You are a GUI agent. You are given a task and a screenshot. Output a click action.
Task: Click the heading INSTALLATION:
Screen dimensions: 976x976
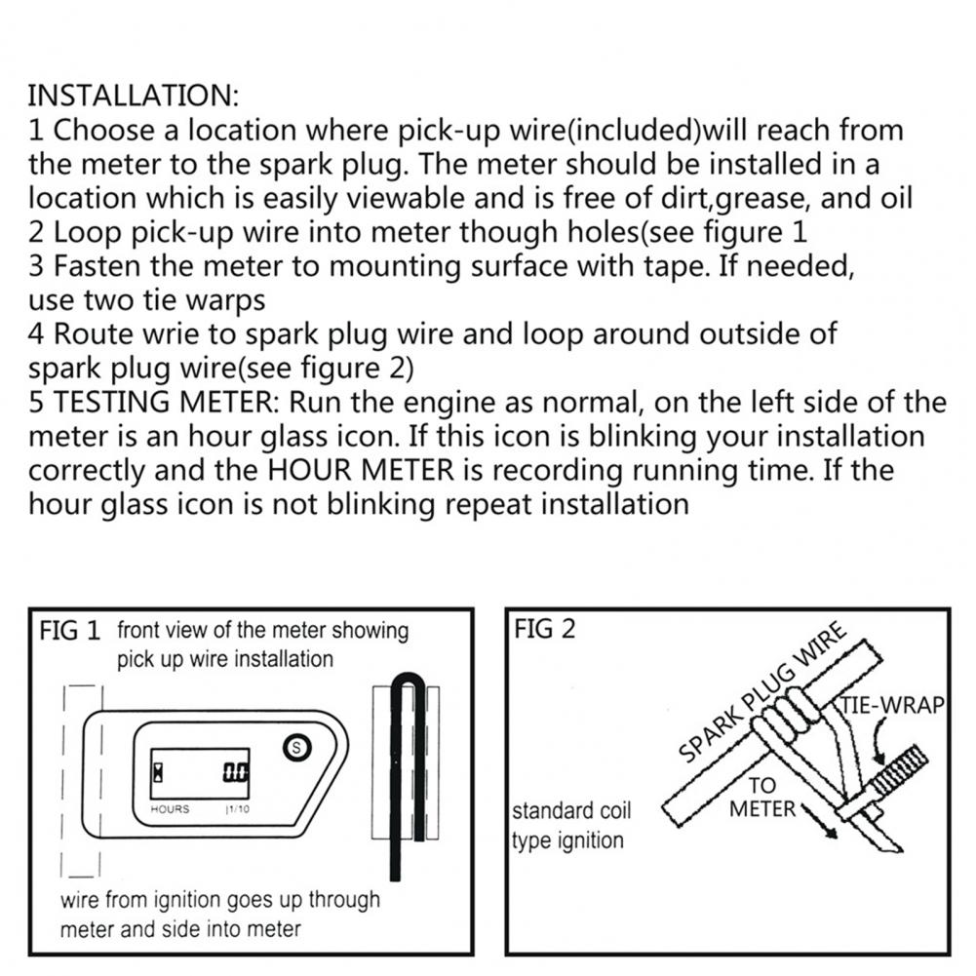(x=133, y=96)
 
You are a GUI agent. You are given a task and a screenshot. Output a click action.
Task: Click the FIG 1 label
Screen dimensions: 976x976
(x=70, y=631)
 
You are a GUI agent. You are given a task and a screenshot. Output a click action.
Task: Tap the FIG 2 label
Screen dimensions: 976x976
(x=545, y=629)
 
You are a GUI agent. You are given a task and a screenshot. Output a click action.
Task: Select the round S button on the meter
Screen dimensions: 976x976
(x=297, y=747)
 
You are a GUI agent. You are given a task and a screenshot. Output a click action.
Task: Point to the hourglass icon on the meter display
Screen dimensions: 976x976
(x=159, y=772)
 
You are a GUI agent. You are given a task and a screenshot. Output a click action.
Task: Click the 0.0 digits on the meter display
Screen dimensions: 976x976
(x=236, y=772)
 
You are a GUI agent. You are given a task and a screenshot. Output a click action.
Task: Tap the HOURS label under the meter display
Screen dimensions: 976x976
(x=170, y=809)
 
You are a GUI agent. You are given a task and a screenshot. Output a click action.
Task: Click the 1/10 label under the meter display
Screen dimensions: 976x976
(x=237, y=809)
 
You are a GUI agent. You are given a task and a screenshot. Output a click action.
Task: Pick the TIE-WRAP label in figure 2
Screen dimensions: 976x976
(x=892, y=706)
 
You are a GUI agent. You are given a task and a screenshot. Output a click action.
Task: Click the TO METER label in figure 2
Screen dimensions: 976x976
(x=762, y=798)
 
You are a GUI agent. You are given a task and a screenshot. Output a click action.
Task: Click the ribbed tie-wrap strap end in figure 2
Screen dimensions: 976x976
(x=899, y=773)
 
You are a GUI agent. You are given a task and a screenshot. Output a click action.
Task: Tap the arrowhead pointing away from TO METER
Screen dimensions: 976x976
(x=829, y=831)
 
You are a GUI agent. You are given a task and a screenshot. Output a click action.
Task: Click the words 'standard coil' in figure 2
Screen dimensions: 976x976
(x=571, y=811)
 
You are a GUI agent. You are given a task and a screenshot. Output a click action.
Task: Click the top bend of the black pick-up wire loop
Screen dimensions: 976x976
(x=409, y=679)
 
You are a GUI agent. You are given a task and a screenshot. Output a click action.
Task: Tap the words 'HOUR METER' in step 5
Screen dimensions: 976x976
(x=361, y=470)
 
